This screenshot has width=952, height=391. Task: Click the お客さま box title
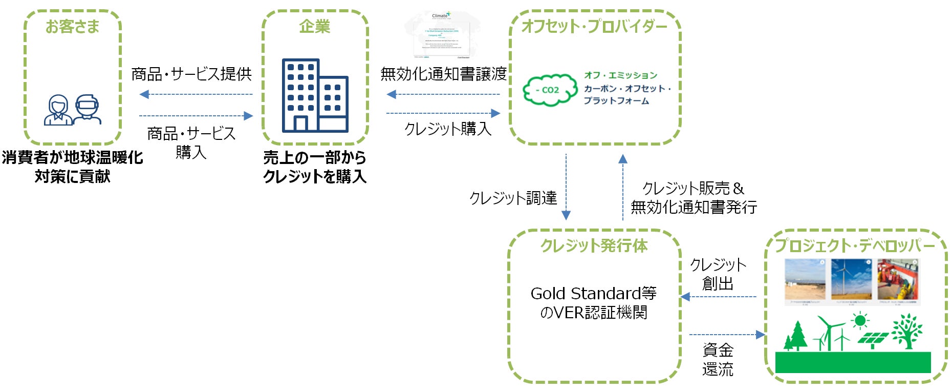pyautogui.click(x=72, y=27)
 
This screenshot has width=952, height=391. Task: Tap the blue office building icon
pyautogui.click(x=315, y=96)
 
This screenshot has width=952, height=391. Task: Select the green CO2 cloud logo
pyautogui.click(x=549, y=90)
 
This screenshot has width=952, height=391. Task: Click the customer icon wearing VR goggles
pyautogui.click(x=87, y=110)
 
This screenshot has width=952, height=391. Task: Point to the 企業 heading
pyautogui.click(x=314, y=27)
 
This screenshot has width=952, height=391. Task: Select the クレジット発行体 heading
pyautogui.click(x=594, y=246)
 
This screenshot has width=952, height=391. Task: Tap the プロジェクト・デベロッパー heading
pyautogui.click(x=855, y=246)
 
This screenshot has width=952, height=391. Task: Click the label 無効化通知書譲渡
pyautogui.click(x=443, y=74)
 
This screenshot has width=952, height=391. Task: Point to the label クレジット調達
pyautogui.click(x=513, y=198)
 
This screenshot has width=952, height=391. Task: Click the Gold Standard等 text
pyautogui.click(x=594, y=294)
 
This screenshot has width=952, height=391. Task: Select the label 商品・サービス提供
pyautogui.click(x=191, y=74)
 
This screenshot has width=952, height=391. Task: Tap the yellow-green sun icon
pyautogui.click(x=860, y=321)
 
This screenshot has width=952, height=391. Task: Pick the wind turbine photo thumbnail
pyautogui.click(x=851, y=280)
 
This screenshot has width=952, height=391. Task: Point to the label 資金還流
pyautogui.click(x=718, y=360)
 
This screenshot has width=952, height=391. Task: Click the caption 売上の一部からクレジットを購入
pyautogui.click(x=315, y=167)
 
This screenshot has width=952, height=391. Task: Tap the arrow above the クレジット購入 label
pyautogui.click(x=443, y=113)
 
